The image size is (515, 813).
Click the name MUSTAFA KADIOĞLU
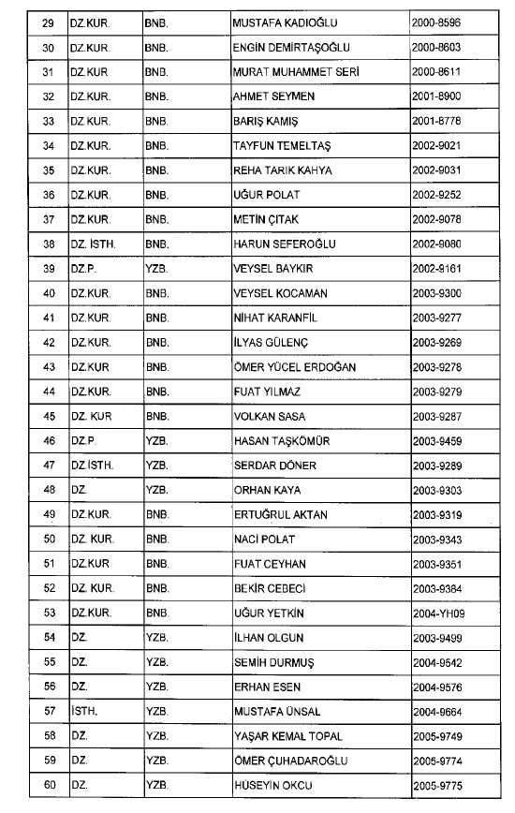pyautogui.click(x=285, y=21)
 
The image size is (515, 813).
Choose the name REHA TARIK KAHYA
pyautogui.click(x=282, y=170)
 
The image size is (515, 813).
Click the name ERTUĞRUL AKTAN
pyautogui.click(x=280, y=515)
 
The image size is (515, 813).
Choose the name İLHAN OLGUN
pyautogui.click(x=268, y=638)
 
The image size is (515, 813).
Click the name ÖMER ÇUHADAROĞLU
pyautogui.click(x=288, y=761)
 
